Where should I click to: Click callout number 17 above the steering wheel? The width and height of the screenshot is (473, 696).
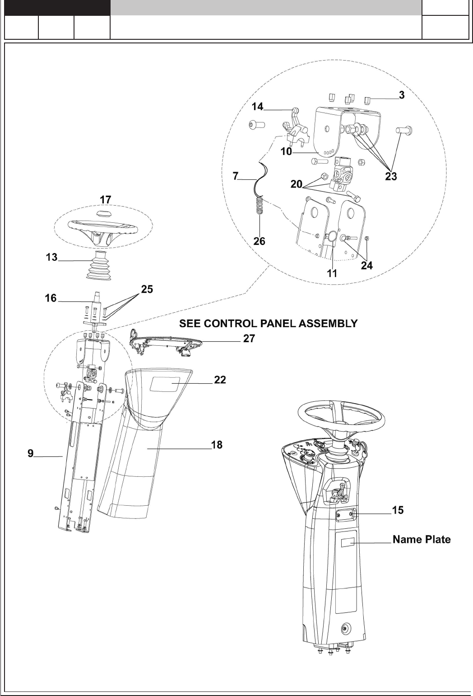[105, 199]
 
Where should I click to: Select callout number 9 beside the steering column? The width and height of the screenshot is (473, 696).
[30, 453]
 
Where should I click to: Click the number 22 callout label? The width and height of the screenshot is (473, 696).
[220, 380]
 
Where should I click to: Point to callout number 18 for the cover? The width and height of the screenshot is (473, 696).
[217, 445]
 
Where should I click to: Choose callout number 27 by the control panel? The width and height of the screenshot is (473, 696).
[249, 339]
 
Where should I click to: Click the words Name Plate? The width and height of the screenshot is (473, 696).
[422, 539]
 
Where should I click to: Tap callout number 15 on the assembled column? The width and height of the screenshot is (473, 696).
[398, 510]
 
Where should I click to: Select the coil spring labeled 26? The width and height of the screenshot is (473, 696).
[260, 206]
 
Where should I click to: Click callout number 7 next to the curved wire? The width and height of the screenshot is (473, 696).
[235, 177]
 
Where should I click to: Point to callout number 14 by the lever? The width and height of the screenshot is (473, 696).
[257, 107]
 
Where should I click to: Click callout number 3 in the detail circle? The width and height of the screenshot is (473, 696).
[401, 95]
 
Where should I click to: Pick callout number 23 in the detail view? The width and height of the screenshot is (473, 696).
[391, 176]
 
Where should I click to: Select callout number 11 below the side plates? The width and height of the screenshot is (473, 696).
[332, 273]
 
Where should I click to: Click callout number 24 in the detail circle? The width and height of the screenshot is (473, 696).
[366, 265]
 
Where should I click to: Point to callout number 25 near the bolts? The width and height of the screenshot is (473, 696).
[147, 289]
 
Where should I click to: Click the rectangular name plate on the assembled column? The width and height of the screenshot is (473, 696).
[347, 543]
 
